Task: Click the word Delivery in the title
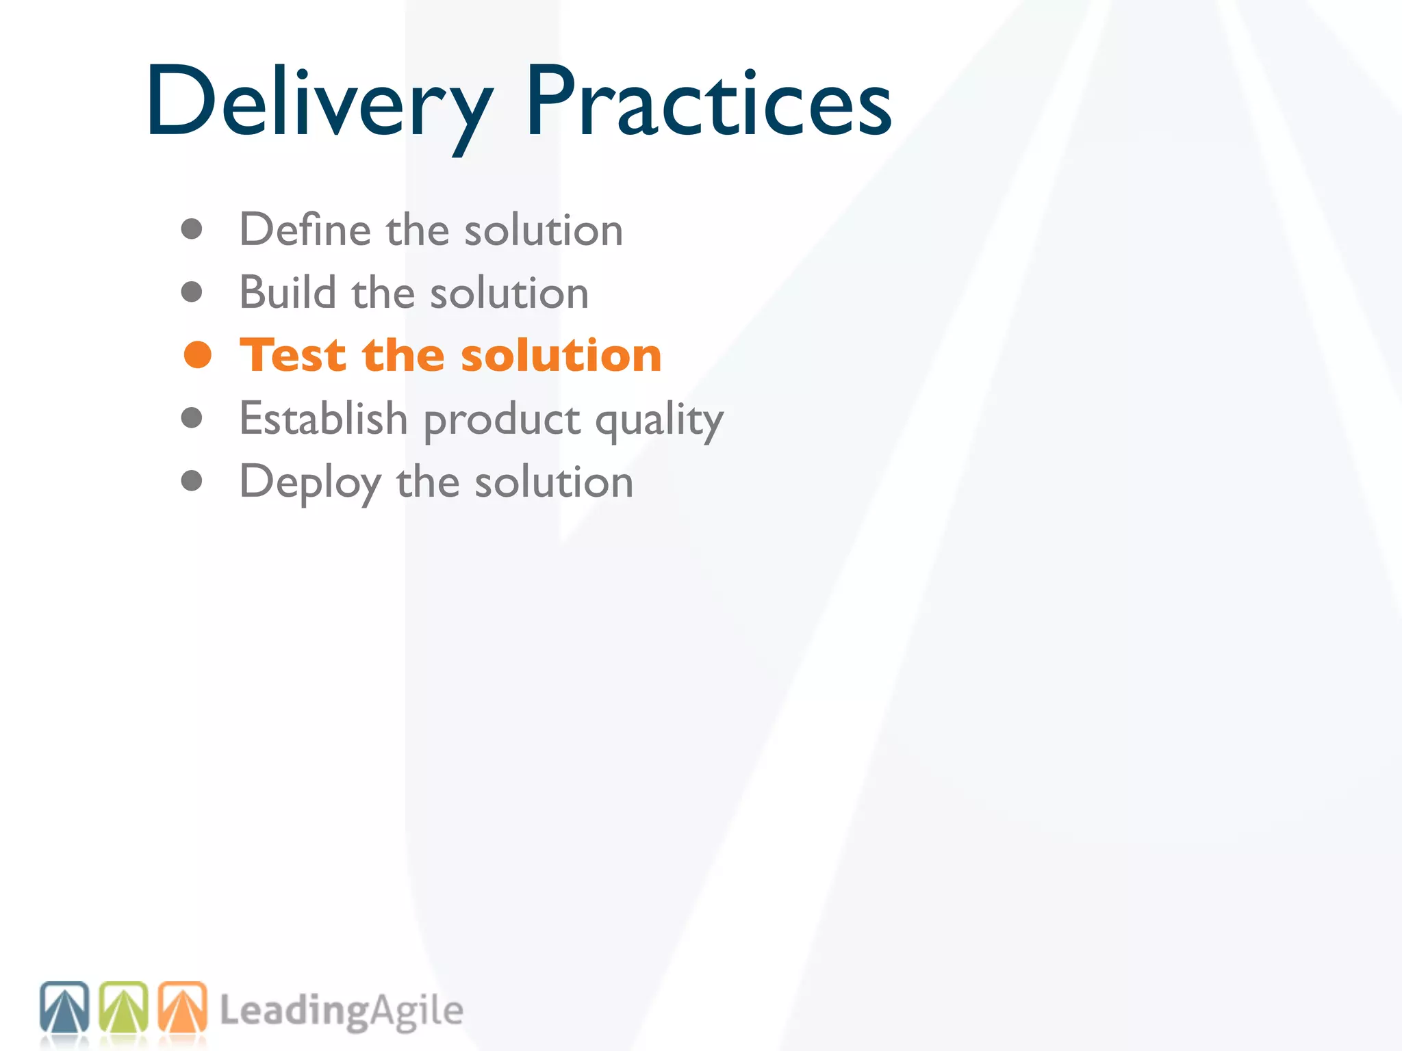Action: (318, 103)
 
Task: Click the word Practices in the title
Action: (709, 103)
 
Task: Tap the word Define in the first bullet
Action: (304, 229)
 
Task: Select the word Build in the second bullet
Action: (288, 293)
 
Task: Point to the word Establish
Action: (323, 418)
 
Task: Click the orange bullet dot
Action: (198, 355)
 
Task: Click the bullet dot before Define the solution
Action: (192, 229)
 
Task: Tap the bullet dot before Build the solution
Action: (192, 292)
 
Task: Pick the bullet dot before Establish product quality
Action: (192, 417)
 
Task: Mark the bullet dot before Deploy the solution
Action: (192, 480)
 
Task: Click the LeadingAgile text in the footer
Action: (341, 1011)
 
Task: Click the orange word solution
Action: (561, 356)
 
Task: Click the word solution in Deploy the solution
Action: (554, 482)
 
